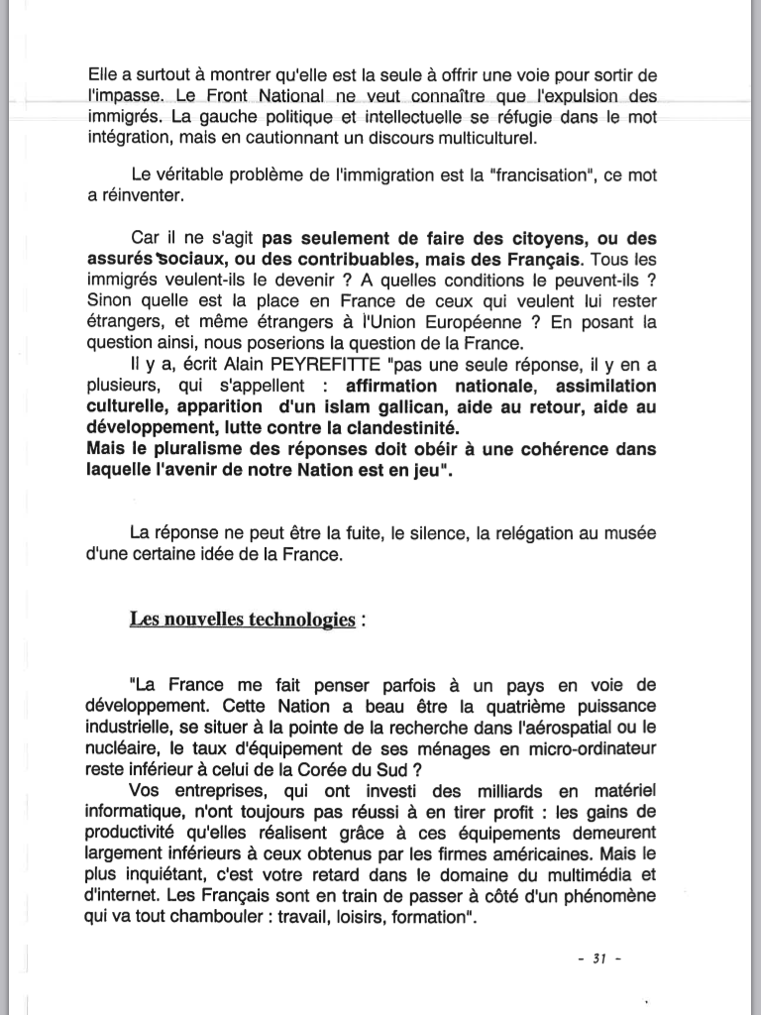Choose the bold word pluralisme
[x=188, y=449]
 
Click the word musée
[x=631, y=534]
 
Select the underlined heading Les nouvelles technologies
[x=242, y=620]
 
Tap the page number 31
[x=598, y=959]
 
